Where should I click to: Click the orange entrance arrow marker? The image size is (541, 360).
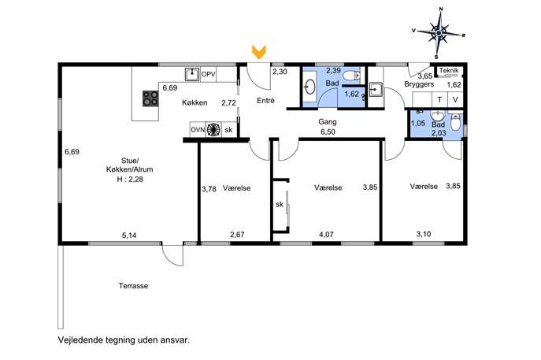coord(259,51)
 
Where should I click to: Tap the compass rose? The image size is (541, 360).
coord(439,33)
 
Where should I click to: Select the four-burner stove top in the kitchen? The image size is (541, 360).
coord(150,98)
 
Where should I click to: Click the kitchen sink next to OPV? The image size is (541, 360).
coord(192,74)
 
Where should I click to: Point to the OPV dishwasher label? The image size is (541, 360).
coord(209,74)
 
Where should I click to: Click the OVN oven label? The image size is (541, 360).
coord(198,130)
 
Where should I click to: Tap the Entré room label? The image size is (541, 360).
coord(265,101)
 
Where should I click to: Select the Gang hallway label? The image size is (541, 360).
coord(328,121)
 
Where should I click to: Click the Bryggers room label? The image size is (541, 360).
coord(419,84)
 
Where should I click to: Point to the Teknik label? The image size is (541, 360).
coord(449,70)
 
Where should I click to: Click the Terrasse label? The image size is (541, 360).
coord(134,286)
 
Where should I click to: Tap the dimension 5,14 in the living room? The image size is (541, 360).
coord(129,236)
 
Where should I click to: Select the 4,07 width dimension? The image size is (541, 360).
coord(326,235)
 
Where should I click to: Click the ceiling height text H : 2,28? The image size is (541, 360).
coord(130,179)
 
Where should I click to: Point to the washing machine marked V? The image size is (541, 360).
coord(455,100)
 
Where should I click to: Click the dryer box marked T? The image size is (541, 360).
coord(440,100)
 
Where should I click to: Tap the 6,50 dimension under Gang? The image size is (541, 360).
coord(328,132)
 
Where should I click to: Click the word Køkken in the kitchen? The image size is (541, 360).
coord(195,102)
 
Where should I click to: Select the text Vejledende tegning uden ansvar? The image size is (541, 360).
coord(124,340)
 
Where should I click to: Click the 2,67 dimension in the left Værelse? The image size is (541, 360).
coord(237,235)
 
